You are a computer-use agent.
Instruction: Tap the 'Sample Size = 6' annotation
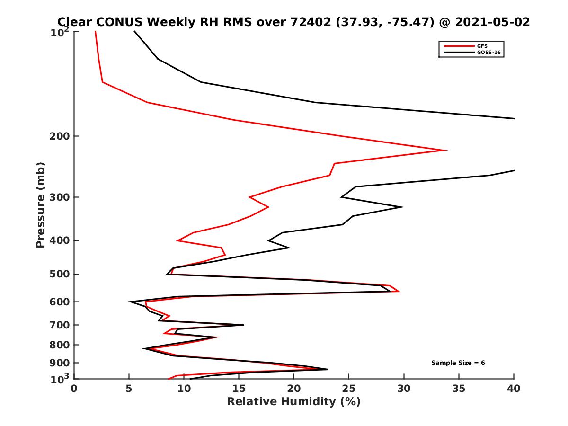pyautogui.click(x=458, y=363)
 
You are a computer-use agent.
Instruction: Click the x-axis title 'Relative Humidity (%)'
pyautogui.click(x=293, y=402)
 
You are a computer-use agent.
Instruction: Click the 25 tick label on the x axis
pyautogui.click(x=349, y=389)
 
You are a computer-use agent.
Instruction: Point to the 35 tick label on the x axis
pyautogui.click(x=459, y=389)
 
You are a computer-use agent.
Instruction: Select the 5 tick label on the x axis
pyautogui.click(x=129, y=389)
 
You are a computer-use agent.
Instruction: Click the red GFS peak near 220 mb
pyautogui.click(x=446, y=151)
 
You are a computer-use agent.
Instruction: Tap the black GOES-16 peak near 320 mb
pyautogui.click(x=402, y=207)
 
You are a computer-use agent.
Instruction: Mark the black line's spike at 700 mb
pyautogui.click(x=243, y=325)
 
